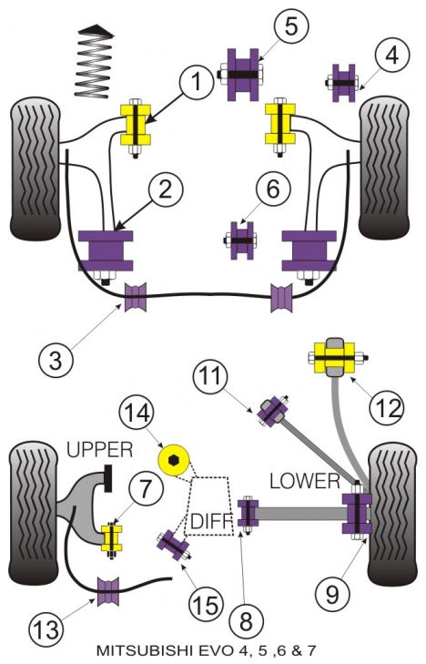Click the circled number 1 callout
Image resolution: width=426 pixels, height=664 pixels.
click(x=194, y=85)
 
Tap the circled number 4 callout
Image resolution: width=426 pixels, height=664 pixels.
click(x=390, y=56)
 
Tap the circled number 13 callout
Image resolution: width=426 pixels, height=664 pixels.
click(x=50, y=627)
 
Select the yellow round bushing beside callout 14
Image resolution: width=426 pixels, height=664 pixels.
click(x=175, y=458)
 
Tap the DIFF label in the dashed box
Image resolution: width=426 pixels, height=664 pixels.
click(x=212, y=522)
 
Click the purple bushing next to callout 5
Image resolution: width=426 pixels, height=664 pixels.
click(x=241, y=74)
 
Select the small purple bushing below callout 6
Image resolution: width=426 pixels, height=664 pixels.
click(x=241, y=240)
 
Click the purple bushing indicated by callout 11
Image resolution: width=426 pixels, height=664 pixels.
click(x=270, y=411)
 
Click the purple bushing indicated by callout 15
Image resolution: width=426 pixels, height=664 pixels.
click(x=172, y=546)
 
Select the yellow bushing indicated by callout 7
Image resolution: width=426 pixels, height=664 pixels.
click(x=112, y=538)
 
